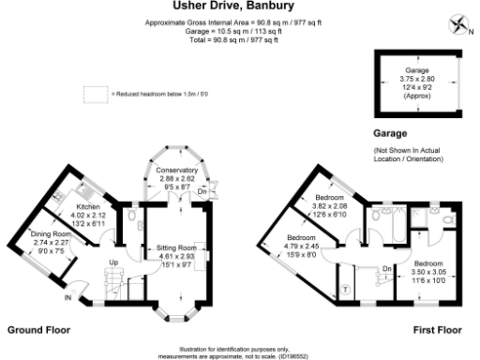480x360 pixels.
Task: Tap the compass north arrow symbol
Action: [x=457, y=22]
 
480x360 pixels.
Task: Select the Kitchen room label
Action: [x=88, y=205]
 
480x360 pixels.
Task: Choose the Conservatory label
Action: [x=177, y=170]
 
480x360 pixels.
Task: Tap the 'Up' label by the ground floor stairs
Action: [x=114, y=261]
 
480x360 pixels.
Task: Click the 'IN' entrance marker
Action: [x=67, y=298]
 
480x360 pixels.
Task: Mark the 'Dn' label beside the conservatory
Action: [x=214, y=191]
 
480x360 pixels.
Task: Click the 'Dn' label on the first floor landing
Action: [x=386, y=267]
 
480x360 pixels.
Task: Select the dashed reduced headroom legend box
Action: [x=95, y=94]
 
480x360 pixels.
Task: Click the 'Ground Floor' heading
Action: [x=38, y=331]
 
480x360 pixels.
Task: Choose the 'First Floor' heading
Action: [x=438, y=331]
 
